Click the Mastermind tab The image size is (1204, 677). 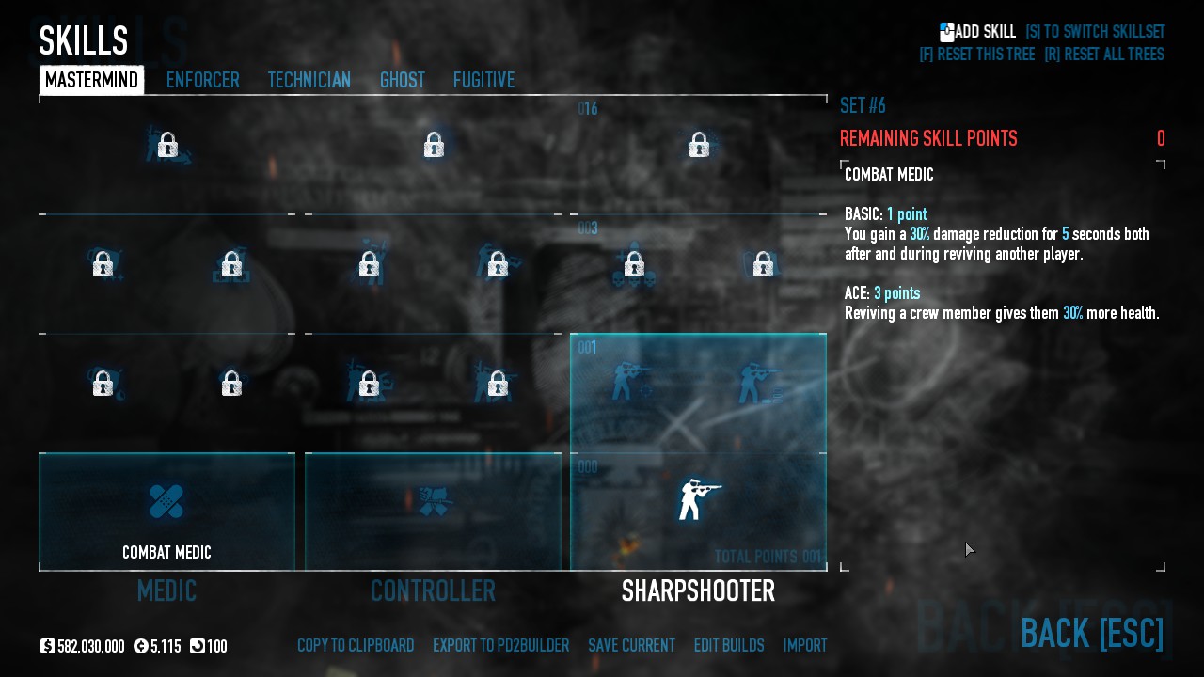point(92,81)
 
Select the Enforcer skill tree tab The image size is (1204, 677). point(202,81)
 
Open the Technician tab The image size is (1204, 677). point(309,81)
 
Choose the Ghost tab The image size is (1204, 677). point(402,81)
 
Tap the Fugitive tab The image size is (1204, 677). point(483,81)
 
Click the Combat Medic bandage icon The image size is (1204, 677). point(166,501)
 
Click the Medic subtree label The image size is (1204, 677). point(166,590)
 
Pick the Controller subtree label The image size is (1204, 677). point(433,590)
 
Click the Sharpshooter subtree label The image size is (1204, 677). point(698,590)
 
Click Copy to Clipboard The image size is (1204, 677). point(356,646)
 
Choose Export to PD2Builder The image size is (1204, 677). point(500,646)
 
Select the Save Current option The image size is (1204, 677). point(631,646)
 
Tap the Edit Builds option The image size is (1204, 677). point(728,646)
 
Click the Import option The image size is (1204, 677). point(805,646)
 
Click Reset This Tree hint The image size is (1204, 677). point(976,55)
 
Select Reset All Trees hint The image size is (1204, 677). point(1103,55)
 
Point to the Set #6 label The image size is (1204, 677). point(863,105)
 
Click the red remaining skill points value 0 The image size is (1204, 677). point(1161,139)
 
